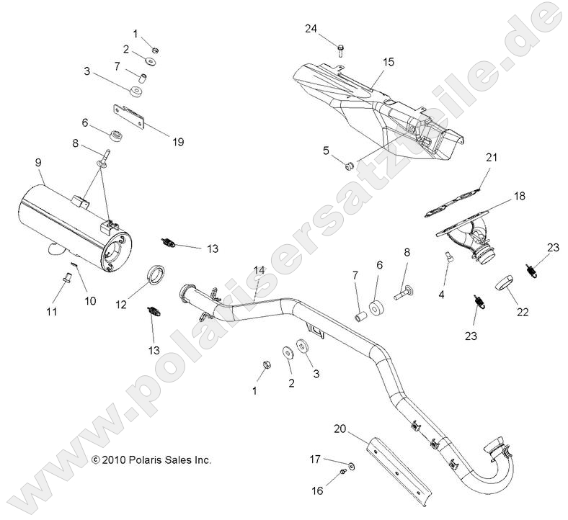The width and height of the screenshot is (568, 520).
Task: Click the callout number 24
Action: pos(311,29)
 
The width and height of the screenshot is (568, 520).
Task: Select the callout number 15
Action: pos(388,63)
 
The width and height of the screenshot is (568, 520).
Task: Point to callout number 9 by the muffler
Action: pos(37,163)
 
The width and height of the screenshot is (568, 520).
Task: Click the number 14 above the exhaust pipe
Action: pos(259,271)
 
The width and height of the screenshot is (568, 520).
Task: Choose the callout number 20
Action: pos(339,429)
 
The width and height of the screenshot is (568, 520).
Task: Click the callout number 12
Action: pos(121,305)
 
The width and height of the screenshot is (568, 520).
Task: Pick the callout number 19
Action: pos(177,142)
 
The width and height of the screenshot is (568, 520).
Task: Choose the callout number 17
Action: pos(314,458)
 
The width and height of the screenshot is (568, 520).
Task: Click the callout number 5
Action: pos(326,150)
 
